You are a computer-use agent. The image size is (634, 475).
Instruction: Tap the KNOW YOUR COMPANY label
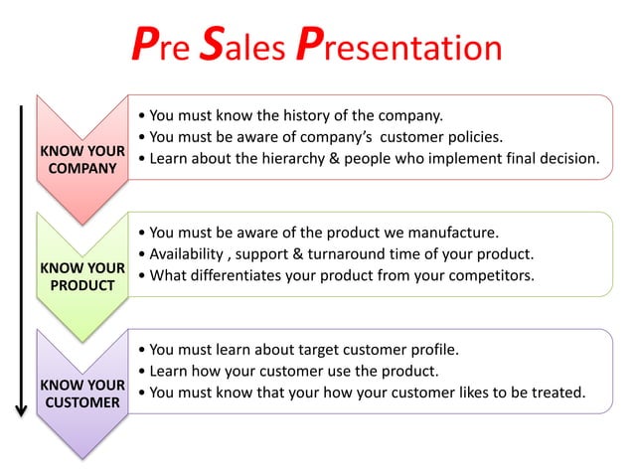click(x=81, y=160)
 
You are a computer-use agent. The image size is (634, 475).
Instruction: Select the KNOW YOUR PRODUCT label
click(x=81, y=277)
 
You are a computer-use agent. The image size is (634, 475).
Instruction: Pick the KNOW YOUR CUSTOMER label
click(x=81, y=394)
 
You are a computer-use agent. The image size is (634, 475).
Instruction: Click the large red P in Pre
click(x=145, y=46)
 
